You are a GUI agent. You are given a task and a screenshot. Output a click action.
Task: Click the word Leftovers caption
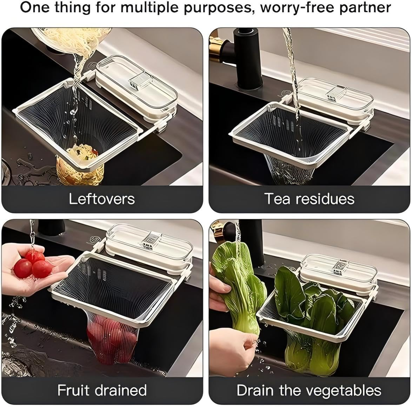click(102, 199)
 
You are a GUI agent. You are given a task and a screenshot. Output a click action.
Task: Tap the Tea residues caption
click(309, 199)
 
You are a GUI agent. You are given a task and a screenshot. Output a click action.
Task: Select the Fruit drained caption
click(102, 390)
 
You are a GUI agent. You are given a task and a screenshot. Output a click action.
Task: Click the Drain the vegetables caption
click(309, 390)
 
